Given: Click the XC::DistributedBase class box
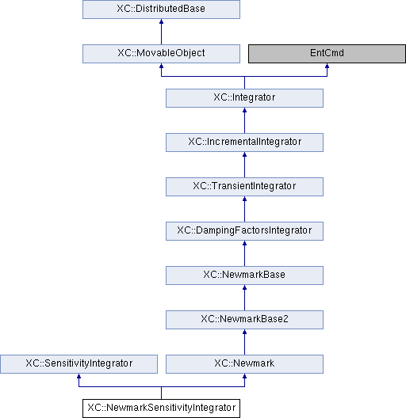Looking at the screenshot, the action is point(161,9).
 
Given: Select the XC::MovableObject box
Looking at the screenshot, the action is point(161,54).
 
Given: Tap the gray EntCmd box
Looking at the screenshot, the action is point(327,54).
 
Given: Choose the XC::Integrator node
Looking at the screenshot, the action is point(244,98).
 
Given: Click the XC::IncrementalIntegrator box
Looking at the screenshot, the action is point(244,142).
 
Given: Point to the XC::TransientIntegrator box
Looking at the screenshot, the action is point(244,187).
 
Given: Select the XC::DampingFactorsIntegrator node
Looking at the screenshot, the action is point(244,231).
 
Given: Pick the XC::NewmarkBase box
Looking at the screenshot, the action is point(244,275).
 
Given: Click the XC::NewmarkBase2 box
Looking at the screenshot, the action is point(244,320).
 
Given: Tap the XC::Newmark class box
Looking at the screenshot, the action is point(244,364).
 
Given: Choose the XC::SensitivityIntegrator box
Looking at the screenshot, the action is point(79,364).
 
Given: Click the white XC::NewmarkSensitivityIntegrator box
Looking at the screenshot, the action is point(161,408).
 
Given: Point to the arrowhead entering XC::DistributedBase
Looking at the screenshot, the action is point(161,21).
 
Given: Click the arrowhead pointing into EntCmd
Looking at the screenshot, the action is point(327,66).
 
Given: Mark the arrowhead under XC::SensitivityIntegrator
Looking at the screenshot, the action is point(79,376).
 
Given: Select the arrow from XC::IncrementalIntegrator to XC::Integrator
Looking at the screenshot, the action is point(244,120).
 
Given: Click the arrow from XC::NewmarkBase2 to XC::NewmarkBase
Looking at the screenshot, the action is point(244,298).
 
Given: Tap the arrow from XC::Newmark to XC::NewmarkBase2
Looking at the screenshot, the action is point(244,342).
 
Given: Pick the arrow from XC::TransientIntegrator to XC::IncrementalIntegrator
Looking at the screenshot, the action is point(244,165).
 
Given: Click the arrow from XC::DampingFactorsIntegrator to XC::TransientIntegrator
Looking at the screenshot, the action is point(244,209).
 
